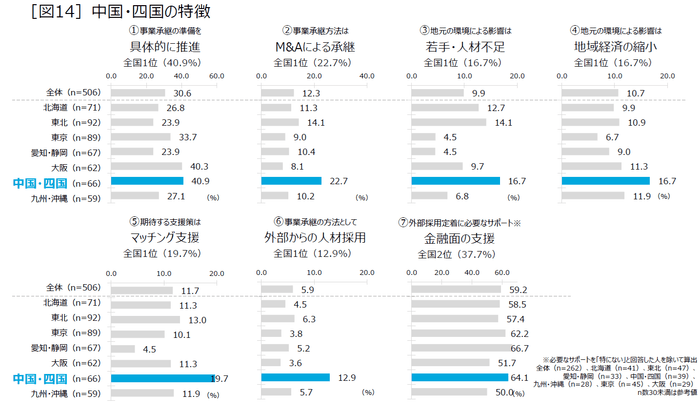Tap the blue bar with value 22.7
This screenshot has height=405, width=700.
(295, 181)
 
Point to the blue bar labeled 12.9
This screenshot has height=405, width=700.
(295, 378)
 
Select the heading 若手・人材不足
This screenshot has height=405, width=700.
(464, 46)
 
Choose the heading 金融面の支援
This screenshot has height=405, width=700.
(464, 240)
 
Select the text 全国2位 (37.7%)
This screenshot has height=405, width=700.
(464, 257)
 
